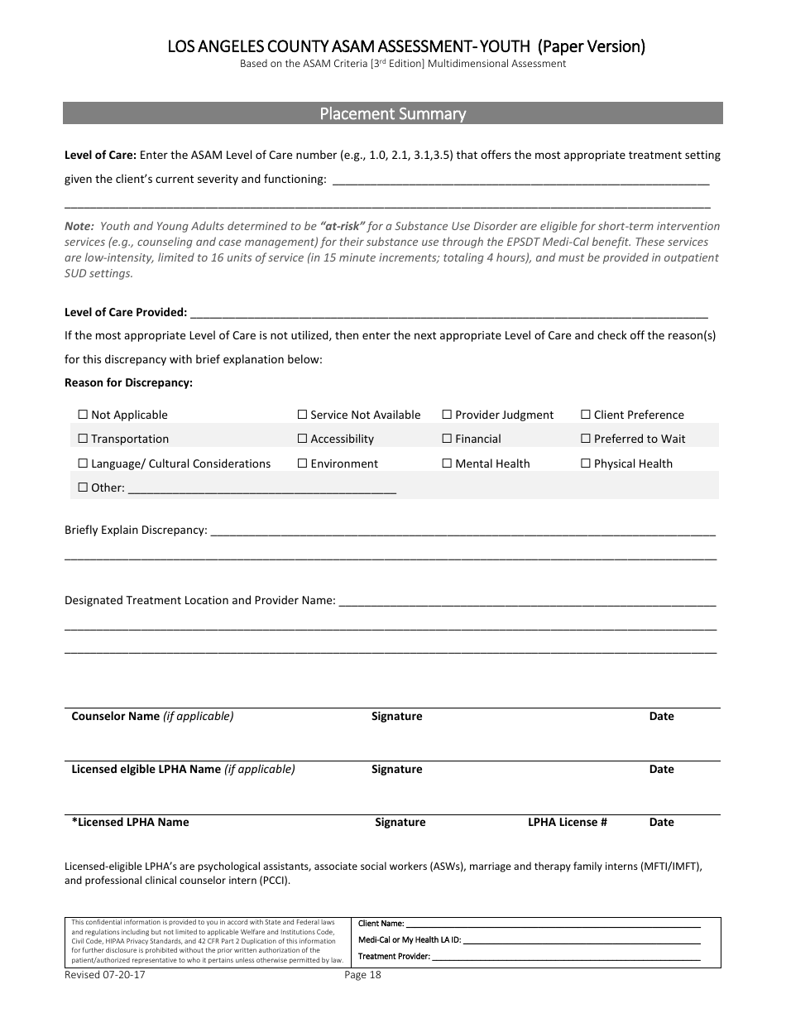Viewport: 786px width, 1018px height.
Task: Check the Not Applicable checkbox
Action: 83,415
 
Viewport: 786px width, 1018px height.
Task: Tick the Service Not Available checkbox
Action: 303,415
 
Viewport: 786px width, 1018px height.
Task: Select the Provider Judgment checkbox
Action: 448,415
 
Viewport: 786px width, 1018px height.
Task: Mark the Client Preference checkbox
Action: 586,415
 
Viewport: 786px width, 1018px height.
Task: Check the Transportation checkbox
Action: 83,439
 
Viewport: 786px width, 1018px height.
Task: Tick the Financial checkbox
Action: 448,439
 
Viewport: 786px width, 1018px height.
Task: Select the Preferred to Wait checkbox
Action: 586,439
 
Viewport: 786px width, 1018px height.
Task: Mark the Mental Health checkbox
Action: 448,463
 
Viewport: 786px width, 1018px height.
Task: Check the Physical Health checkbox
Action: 586,463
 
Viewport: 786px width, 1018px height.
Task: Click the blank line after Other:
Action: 262,488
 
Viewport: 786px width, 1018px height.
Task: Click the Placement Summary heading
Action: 393,114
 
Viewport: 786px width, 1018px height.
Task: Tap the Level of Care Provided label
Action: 126,312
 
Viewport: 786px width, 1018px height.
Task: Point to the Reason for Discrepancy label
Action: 128,382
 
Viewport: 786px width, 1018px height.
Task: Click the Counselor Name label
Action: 115,716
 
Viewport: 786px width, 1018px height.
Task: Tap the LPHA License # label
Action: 568,822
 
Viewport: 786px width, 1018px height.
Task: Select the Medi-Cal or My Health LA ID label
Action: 410,939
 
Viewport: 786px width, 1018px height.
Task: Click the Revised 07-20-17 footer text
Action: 105,974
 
